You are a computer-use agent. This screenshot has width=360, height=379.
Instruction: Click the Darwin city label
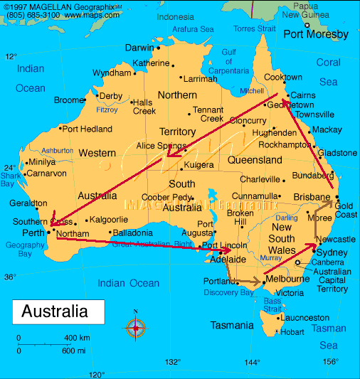(x=139, y=48)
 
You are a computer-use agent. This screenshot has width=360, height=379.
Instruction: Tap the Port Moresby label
(x=316, y=34)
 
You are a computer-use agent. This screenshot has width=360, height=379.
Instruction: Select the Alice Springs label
(x=159, y=146)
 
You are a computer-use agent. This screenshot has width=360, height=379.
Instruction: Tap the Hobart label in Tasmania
(x=292, y=331)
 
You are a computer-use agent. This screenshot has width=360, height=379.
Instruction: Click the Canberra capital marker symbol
(x=297, y=263)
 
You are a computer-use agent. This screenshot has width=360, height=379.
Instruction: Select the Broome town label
(x=68, y=100)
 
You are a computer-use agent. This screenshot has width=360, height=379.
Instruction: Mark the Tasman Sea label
(x=328, y=336)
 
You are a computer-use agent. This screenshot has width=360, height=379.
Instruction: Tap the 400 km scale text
(x=75, y=337)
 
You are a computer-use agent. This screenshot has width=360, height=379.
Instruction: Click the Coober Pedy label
(x=166, y=198)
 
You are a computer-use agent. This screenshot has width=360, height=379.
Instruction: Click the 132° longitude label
(x=173, y=361)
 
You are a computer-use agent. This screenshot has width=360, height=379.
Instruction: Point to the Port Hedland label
(x=87, y=129)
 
